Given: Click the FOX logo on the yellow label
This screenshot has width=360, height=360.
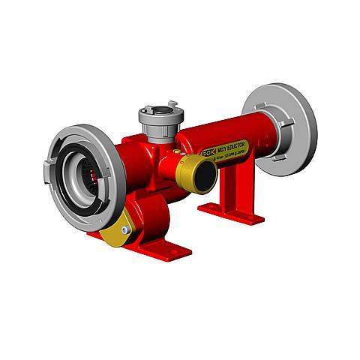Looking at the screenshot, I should coord(208,151).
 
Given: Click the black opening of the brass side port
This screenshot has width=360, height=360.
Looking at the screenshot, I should coord(203,175).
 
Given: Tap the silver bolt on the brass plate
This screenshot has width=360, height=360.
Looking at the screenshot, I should coord(124,230).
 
